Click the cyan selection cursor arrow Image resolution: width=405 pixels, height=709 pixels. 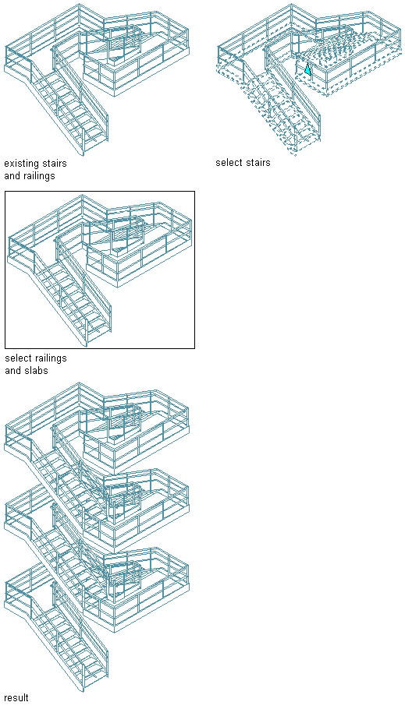click(307, 69)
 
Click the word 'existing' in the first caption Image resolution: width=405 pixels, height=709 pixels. click(21, 163)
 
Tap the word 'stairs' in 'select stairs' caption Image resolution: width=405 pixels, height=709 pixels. click(258, 162)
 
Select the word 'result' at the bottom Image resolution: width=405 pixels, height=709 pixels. click(16, 697)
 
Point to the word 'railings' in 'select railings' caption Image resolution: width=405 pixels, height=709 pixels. click(50, 358)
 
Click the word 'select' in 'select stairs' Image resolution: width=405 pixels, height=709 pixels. click(229, 162)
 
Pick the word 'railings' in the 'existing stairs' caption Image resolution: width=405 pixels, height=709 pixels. click(39, 176)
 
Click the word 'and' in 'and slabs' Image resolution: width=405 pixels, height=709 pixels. click(13, 371)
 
